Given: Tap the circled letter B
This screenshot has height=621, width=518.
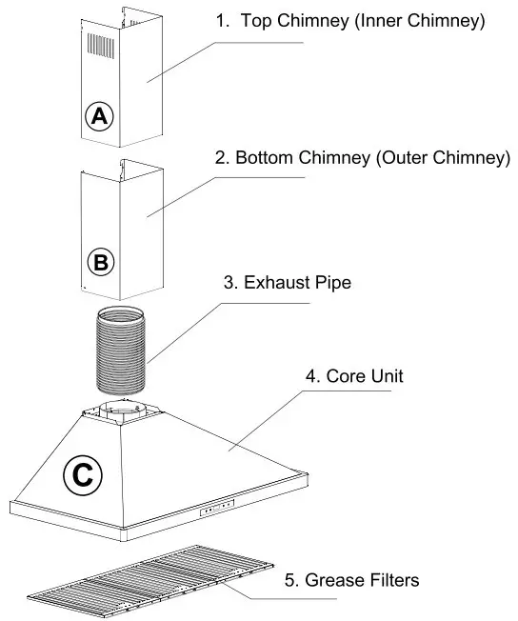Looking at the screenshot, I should click(x=101, y=260).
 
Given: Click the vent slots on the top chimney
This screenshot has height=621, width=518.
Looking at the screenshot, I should click(x=101, y=45).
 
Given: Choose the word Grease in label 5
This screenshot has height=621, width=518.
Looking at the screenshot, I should click(x=329, y=579).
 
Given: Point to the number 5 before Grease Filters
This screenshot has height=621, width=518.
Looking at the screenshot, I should click(x=290, y=579).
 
